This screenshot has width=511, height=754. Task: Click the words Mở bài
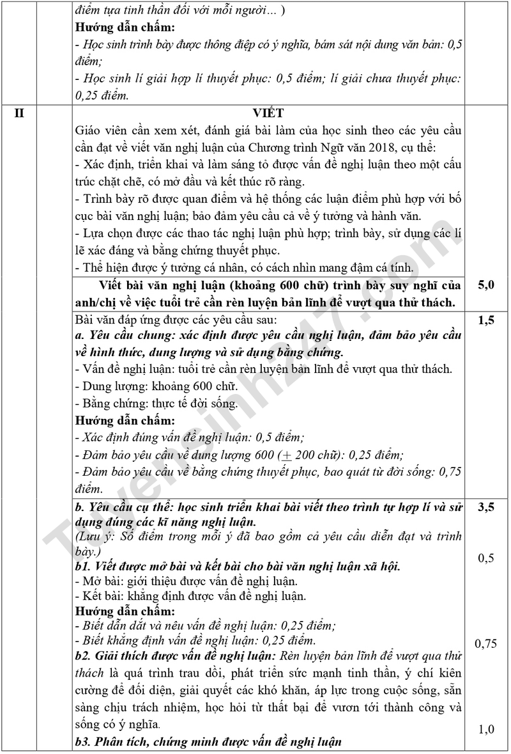(x=100, y=581)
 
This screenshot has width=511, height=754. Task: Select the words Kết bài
(x=101, y=596)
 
